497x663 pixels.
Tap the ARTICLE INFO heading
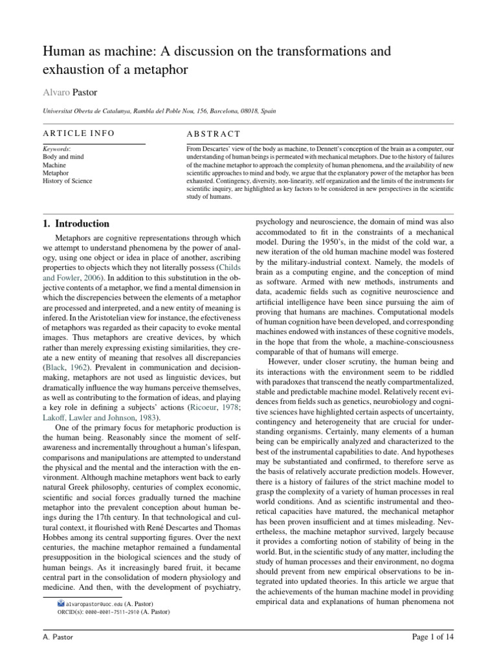pyautogui.click(x=78, y=133)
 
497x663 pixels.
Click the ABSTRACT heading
pyautogui.click(x=213, y=133)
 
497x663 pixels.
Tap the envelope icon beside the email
pyautogui.click(x=61, y=603)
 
